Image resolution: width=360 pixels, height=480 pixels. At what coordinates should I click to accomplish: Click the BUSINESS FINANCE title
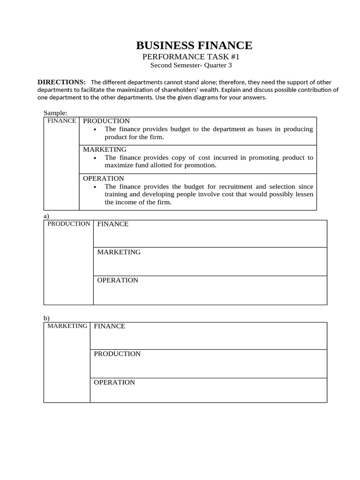(x=194, y=45)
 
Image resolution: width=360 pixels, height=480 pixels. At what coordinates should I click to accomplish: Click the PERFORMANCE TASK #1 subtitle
(x=191, y=57)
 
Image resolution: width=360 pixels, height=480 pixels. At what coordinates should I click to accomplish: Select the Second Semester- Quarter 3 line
(x=191, y=66)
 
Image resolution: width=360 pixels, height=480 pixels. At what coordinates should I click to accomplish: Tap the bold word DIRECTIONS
(x=61, y=82)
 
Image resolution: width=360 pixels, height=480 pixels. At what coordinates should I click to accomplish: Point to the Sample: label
(x=55, y=113)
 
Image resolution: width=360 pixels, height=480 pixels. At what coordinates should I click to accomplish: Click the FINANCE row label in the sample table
(x=62, y=121)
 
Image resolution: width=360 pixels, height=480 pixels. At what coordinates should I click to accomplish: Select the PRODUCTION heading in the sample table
(x=106, y=121)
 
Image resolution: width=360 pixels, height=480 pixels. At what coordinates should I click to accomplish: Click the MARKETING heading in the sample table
(x=105, y=150)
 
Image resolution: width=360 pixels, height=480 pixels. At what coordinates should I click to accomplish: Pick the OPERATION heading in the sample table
(x=104, y=179)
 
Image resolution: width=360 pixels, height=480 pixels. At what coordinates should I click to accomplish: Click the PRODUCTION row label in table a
(x=69, y=224)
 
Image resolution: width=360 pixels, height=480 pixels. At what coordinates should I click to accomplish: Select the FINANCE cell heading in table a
(x=113, y=224)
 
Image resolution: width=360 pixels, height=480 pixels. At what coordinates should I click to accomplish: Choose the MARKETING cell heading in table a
(x=119, y=252)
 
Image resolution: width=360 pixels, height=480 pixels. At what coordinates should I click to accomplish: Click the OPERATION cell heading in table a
(x=118, y=280)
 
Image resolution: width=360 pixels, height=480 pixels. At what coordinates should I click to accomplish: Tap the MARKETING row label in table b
(x=67, y=326)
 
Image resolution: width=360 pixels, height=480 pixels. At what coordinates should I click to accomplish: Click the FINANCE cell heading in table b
(x=110, y=326)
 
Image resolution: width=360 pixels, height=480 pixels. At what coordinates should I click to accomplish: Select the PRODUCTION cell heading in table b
(x=117, y=354)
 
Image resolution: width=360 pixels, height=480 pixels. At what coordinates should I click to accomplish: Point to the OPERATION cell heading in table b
(x=114, y=382)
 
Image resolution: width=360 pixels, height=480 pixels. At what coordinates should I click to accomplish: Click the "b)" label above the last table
(x=46, y=318)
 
